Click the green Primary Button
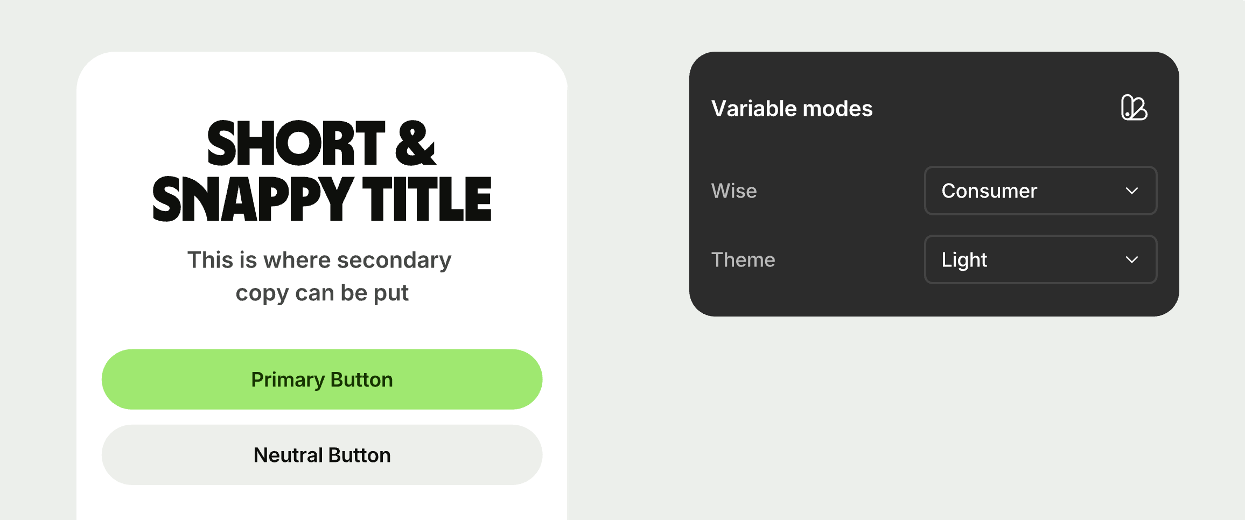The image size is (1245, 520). click(x=322, y=380)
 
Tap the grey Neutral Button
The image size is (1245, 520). click(x=322, y=455)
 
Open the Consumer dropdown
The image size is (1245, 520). click(x=1040, y=191)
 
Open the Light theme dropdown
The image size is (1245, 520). click(x=1040, y=259)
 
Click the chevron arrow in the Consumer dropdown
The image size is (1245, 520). click(x=1132, y=191)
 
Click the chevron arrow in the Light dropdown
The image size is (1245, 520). click(x=1132, y=259)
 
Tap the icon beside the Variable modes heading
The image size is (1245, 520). click(x=1134, y=108)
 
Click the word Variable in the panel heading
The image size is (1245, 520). click(x=754, y=108)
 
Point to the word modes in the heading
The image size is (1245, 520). click(x=837, y=108)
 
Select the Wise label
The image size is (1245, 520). click(x=734, y=191)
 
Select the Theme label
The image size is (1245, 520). click(x=743, y=259)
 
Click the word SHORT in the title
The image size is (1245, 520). click(x=296, y=143)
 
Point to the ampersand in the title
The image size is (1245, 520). click(x=415, y=143)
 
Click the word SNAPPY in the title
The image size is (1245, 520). click(x=253, y=199)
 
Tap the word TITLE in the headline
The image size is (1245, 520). click(x=427, y=199)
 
